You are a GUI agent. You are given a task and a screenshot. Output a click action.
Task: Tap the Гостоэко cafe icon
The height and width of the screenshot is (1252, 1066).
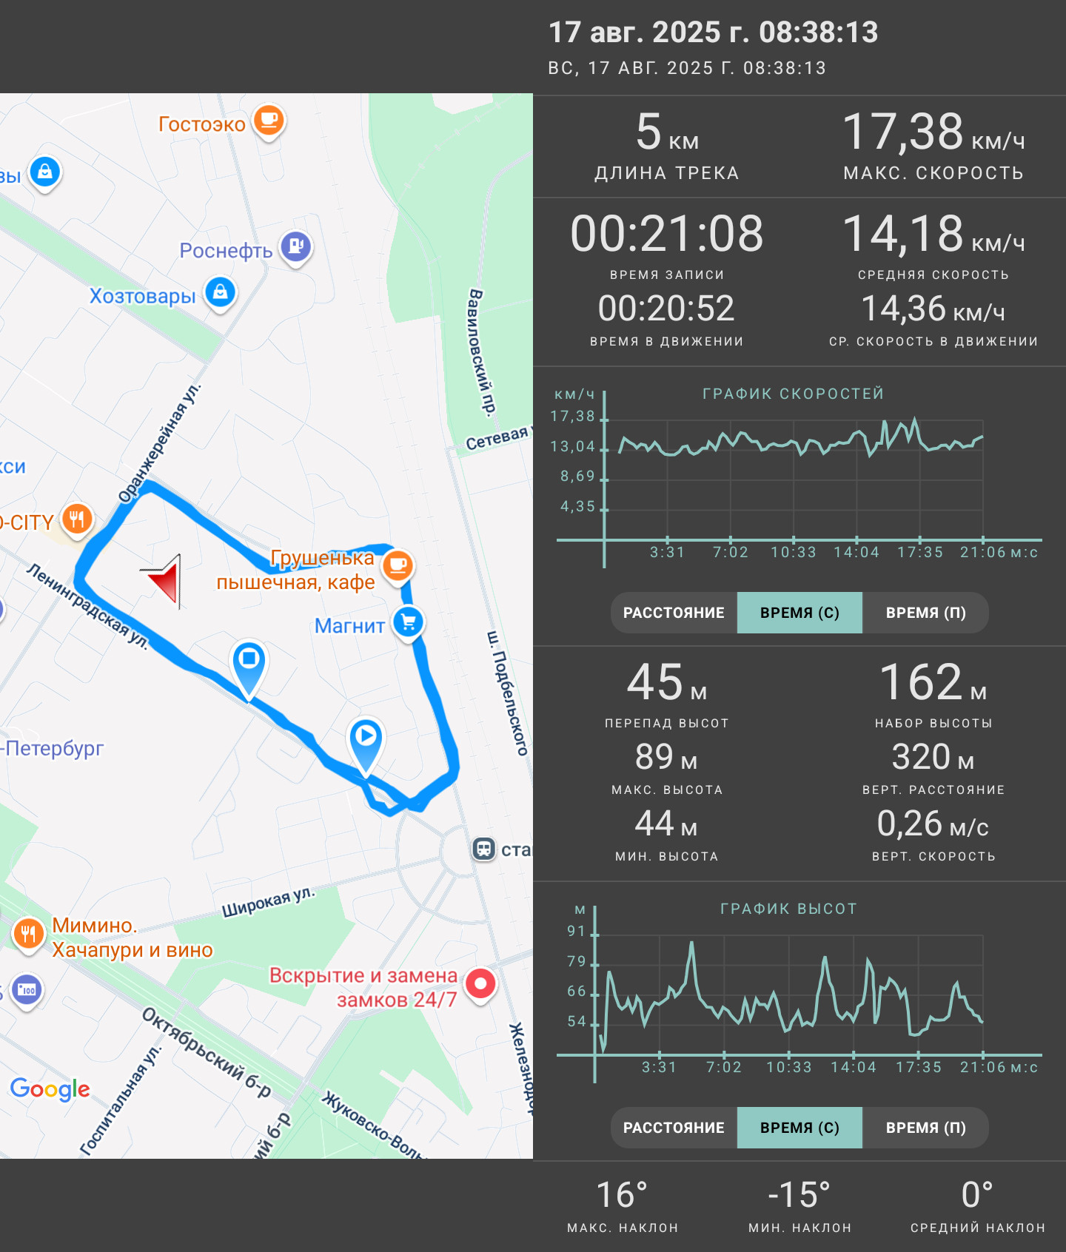click(269, 121)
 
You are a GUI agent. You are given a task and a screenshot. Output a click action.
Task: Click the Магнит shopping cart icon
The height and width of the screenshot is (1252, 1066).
click(409, 622)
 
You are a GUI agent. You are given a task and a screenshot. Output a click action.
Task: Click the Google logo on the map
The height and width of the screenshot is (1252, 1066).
click(50, 1089)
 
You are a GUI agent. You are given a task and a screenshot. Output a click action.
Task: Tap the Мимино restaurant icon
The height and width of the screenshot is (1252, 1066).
click(28, 934)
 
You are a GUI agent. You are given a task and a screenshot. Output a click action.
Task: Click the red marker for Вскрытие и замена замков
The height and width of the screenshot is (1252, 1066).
click(480, 984)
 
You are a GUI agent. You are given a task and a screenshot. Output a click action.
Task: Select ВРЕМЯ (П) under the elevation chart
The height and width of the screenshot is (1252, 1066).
click(925, 1128)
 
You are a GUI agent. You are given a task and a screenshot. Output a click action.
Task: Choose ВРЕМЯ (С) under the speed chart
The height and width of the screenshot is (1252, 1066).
click(799, 613)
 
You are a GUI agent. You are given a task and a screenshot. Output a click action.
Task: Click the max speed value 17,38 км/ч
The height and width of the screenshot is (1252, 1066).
click(933, 132)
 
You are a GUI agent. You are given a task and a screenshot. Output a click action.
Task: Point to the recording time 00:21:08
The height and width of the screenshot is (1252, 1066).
click(667, 234)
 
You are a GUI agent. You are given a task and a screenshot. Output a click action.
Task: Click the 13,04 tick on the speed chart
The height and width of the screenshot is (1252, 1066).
click(573, 446)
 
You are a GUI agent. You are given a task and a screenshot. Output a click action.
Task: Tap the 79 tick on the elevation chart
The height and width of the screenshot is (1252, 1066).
click(576, 961)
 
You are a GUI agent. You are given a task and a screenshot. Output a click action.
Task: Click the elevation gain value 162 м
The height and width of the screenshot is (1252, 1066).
click(933, 681)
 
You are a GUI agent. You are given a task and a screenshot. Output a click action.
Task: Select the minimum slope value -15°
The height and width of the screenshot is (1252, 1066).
click(799, 1195)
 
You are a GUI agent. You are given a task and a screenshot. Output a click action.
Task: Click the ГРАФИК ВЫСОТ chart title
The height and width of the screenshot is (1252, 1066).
click(788, 909)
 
